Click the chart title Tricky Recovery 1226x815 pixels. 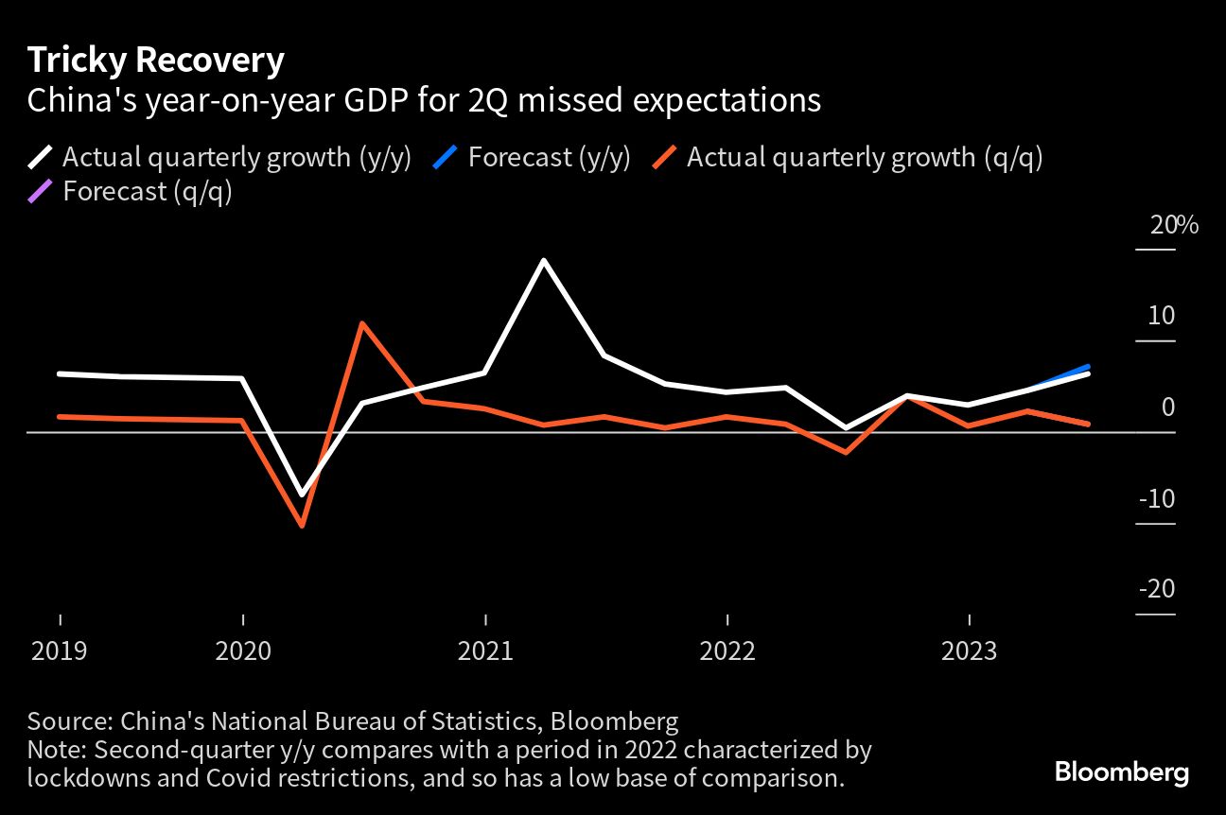[x=155, y=61]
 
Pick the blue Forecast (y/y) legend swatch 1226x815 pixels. [x=447, y=156]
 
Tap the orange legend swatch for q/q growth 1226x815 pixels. [x=664, y=156]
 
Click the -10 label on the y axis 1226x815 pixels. [x=1155, y=498]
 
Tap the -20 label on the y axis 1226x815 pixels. [x=1155, y=589]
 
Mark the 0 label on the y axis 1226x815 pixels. [x=1167, y=407]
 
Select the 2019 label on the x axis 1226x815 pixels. [x=61, y=652]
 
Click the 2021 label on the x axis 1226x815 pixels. [x=485, y=652]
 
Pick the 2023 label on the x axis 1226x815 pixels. [x=969, y=652]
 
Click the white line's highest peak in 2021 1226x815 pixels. [x=544, y=260]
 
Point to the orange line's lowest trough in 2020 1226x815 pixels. [x=302, y=525]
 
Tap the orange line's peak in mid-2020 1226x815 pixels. [x=362, y=323]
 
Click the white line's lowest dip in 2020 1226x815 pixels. [x=302, y=494]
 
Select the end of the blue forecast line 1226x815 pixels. [x=1088, y=367]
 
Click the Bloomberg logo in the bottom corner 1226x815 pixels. [x=1122, y=772]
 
